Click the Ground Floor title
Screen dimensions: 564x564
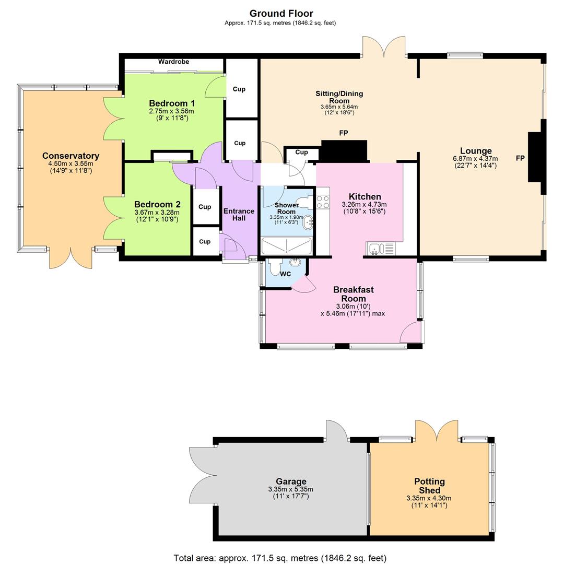[281, 14]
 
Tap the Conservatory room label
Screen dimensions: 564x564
[70, 156]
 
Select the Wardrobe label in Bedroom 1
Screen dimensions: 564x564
[173, 62]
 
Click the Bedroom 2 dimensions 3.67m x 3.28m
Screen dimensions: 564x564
[157, 213]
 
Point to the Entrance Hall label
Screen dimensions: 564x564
[239, 215]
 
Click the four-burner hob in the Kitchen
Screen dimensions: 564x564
[323, 202]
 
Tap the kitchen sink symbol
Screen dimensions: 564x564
[381, 249]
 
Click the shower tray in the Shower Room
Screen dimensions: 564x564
[286, 246]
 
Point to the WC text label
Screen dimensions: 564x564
[285, 274]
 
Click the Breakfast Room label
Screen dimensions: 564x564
[354, 294]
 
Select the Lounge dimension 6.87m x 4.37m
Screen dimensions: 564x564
[475, 159]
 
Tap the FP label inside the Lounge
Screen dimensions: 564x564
[520, 158]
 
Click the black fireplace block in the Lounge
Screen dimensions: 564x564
[536, 157]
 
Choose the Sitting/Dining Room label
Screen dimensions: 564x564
[339, 97]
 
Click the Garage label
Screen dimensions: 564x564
[291, 481]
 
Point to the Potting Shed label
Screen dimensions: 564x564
[429, 486]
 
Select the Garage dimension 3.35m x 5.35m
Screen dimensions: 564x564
[290, 489]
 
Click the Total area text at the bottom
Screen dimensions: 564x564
[280, 558]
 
